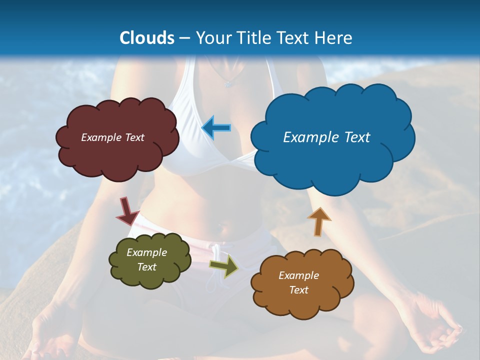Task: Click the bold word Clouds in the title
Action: click(146, 38)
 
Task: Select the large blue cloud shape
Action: click(332, 160)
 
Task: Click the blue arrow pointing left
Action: click(216, 127)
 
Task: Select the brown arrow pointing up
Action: click(318, 221)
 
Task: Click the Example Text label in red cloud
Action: click(112, 137)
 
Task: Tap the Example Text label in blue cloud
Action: click(326, 137)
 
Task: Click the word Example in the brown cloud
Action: click(298, 275)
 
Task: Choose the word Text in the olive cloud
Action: click(147, 267)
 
